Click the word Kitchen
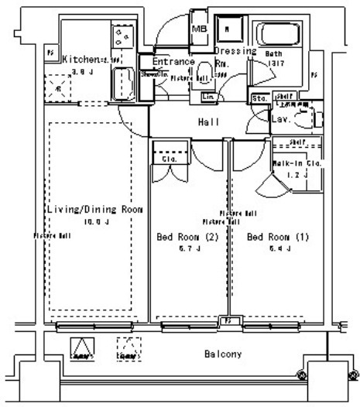(x=79, y=59)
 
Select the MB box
(x=198, y=29)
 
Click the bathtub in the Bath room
(x=282, y=33)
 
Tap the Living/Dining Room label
(x=95, y=210)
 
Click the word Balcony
(x=223, y=354)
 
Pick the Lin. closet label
(x=208, y=97)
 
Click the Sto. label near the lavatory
(x=259, y=99)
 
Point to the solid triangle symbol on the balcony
(x=81, y=349)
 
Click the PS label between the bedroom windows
(x=228, y=320)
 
